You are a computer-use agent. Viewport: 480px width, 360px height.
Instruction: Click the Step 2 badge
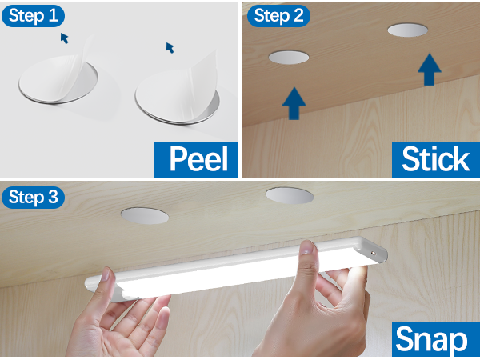278,15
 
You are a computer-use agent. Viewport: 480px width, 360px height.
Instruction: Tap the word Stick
434,158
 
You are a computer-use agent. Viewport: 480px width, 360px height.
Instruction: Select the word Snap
432,339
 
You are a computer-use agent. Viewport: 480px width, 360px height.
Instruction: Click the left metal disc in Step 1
60,90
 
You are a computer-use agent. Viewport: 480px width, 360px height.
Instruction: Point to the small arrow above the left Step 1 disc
64,38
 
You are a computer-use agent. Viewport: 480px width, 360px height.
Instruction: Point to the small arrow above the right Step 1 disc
170,47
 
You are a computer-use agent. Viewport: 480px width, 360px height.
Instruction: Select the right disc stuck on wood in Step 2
408,30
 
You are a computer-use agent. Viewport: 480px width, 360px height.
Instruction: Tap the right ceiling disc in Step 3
290,194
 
